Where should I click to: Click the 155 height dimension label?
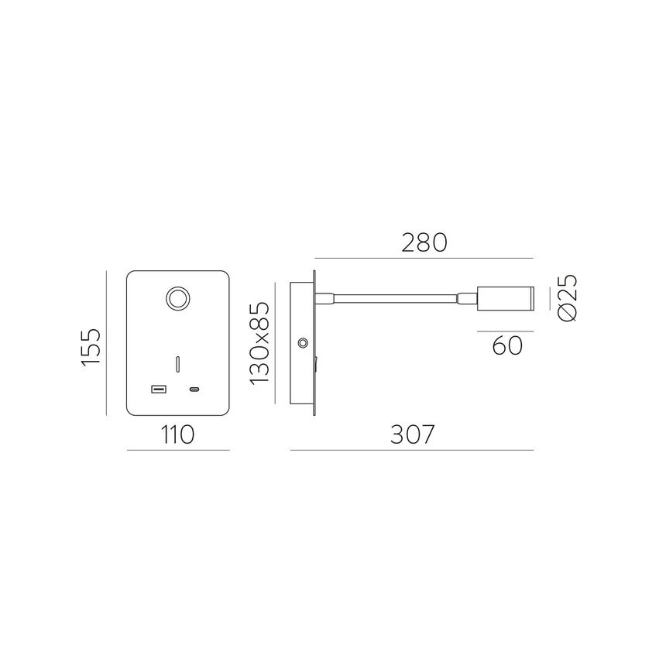point(92,346)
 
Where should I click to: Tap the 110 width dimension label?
point(177,435)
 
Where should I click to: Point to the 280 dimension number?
point(424,242)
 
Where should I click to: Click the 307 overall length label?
point(411,435)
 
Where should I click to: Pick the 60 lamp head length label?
point(507,344)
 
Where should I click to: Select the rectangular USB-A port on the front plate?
point(159,389)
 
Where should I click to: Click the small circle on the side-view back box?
point(301,342)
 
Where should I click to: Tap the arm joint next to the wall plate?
point(325,297)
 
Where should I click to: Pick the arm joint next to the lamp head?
point(468,297)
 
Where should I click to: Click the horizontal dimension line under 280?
point(424,258)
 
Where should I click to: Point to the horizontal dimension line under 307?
point(411,450)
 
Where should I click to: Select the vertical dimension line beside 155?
point(105,342)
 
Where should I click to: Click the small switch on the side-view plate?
point(316,362)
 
